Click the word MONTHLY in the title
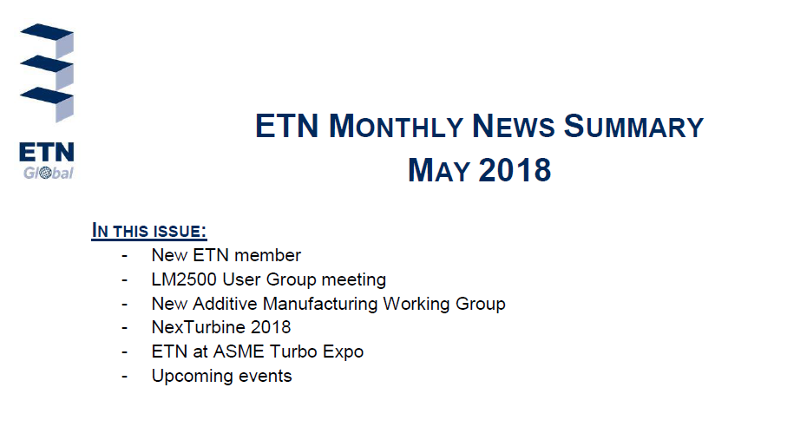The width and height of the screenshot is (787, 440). [396, 126]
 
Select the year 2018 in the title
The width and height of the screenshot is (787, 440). [515, 170]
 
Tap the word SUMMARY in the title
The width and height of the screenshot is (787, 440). [633, 126]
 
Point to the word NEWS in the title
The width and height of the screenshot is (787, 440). [514, 126]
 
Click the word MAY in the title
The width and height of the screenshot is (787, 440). [439, 170]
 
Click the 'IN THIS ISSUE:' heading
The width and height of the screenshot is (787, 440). [149, 231]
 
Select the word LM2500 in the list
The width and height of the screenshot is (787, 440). [184, 279]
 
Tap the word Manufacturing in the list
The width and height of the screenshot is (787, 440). [320, 304]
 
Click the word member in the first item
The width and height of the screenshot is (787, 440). [267, 255]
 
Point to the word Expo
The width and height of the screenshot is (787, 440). [343, 352]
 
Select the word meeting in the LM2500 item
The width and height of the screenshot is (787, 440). [353, 279]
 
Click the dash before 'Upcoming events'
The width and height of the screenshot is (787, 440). [124, 376]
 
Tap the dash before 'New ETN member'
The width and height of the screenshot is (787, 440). [124, 256]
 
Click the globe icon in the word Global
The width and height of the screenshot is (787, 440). [46, 174]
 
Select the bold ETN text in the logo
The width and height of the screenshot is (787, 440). [47, 152]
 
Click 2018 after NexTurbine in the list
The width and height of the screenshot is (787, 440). [271, 327]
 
